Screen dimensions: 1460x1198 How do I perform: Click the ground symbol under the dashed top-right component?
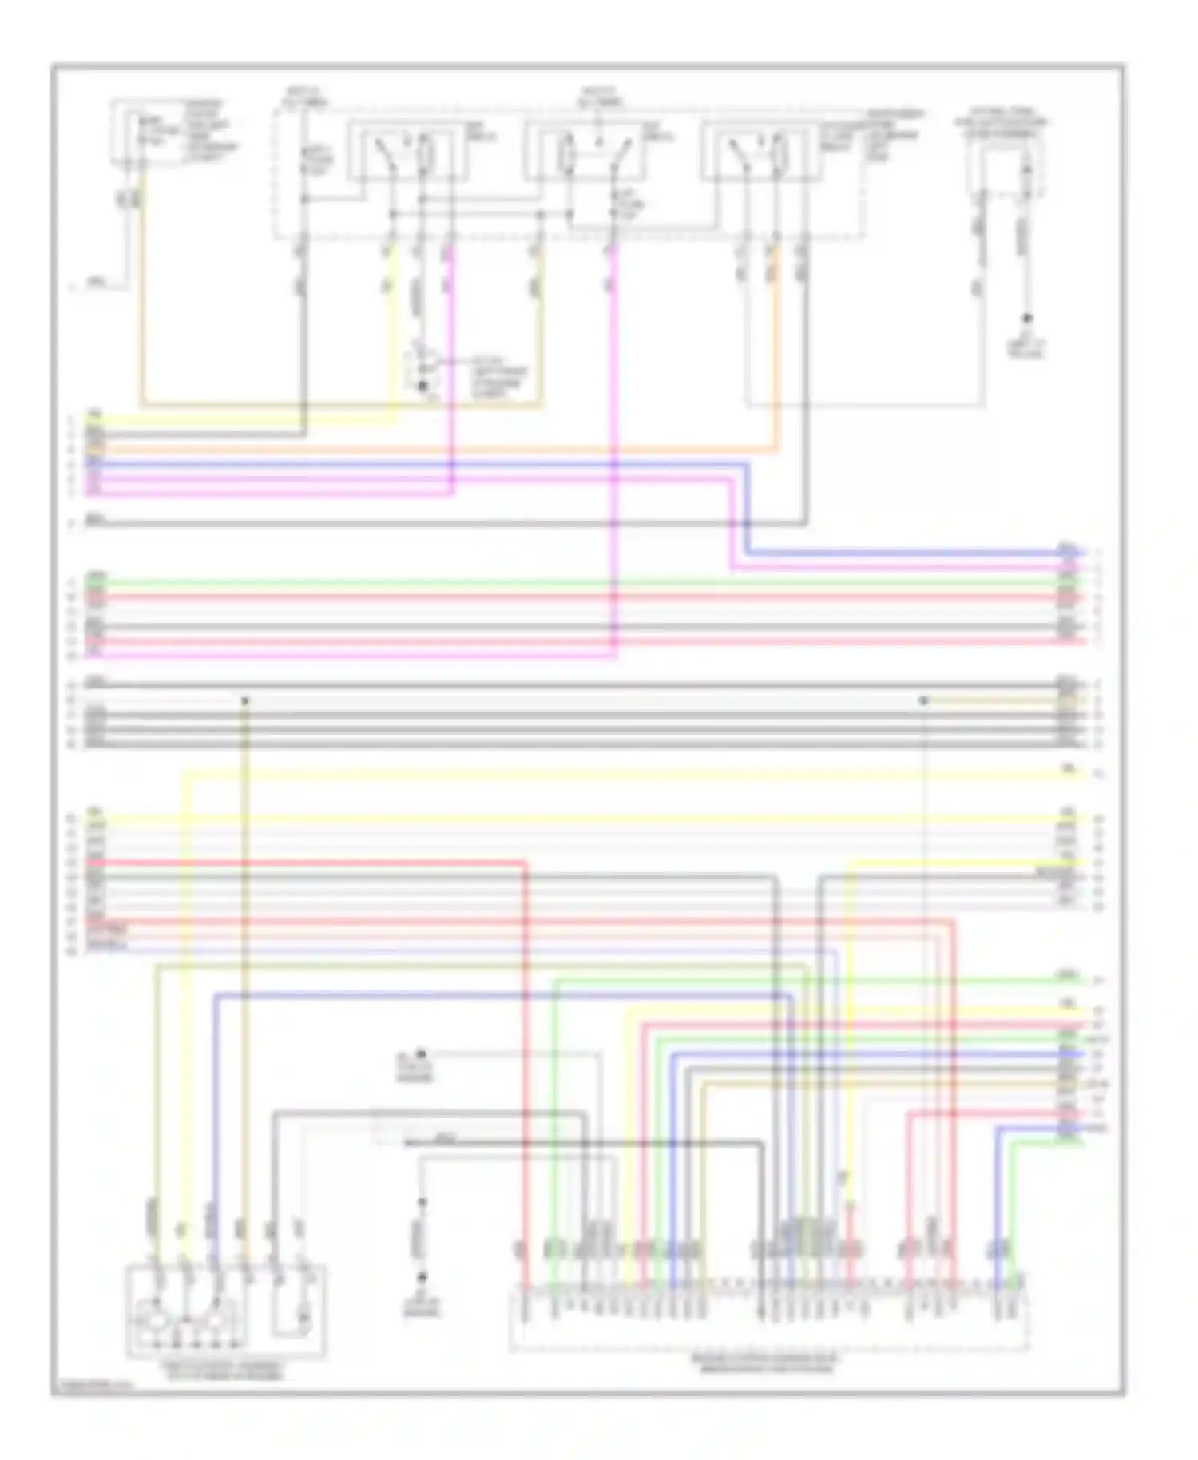click(x=1027, y=322)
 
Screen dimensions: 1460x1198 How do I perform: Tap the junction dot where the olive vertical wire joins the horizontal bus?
click(x=245, y=700)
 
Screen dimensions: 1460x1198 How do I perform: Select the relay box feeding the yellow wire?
click(x=408, y=152)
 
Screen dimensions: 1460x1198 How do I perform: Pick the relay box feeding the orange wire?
click(x=761, y=152)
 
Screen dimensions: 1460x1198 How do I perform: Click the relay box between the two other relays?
click(x=585, y=152)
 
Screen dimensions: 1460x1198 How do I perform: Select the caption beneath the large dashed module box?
click(x=765, y=1363)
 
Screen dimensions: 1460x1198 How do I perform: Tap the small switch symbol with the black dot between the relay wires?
click(x=423, y=372)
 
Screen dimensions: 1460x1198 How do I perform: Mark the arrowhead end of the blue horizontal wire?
click(x=1081, y=553)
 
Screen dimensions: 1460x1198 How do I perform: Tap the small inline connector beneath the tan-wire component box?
click(x=129, y=199)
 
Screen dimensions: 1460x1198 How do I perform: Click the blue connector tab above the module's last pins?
click(x=998, y=1248)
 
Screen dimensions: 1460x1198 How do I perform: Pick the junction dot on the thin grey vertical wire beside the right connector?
click(x=924, y=700)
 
